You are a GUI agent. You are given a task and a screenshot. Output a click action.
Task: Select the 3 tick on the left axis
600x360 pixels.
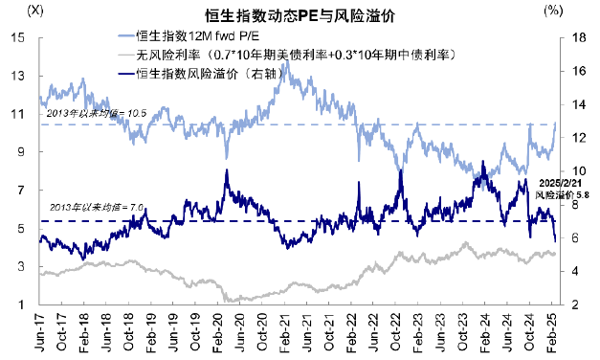coord(22,267)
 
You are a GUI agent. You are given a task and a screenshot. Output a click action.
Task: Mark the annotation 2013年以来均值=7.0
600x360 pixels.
coord(95,207)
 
